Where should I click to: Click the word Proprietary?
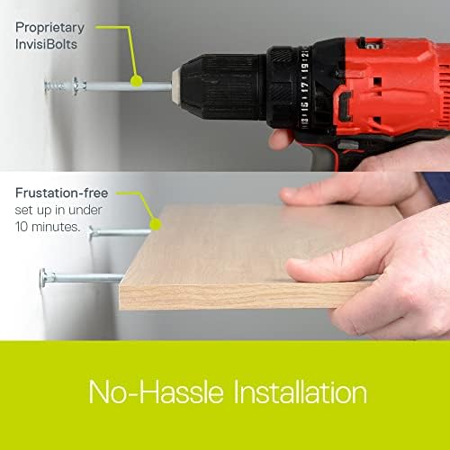tap(50, 26)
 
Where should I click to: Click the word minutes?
tap(60, 227)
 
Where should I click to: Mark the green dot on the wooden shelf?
tap(154, 222)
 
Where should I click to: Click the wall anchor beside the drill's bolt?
tap(61, 85)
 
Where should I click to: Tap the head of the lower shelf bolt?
tap(42, 277)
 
